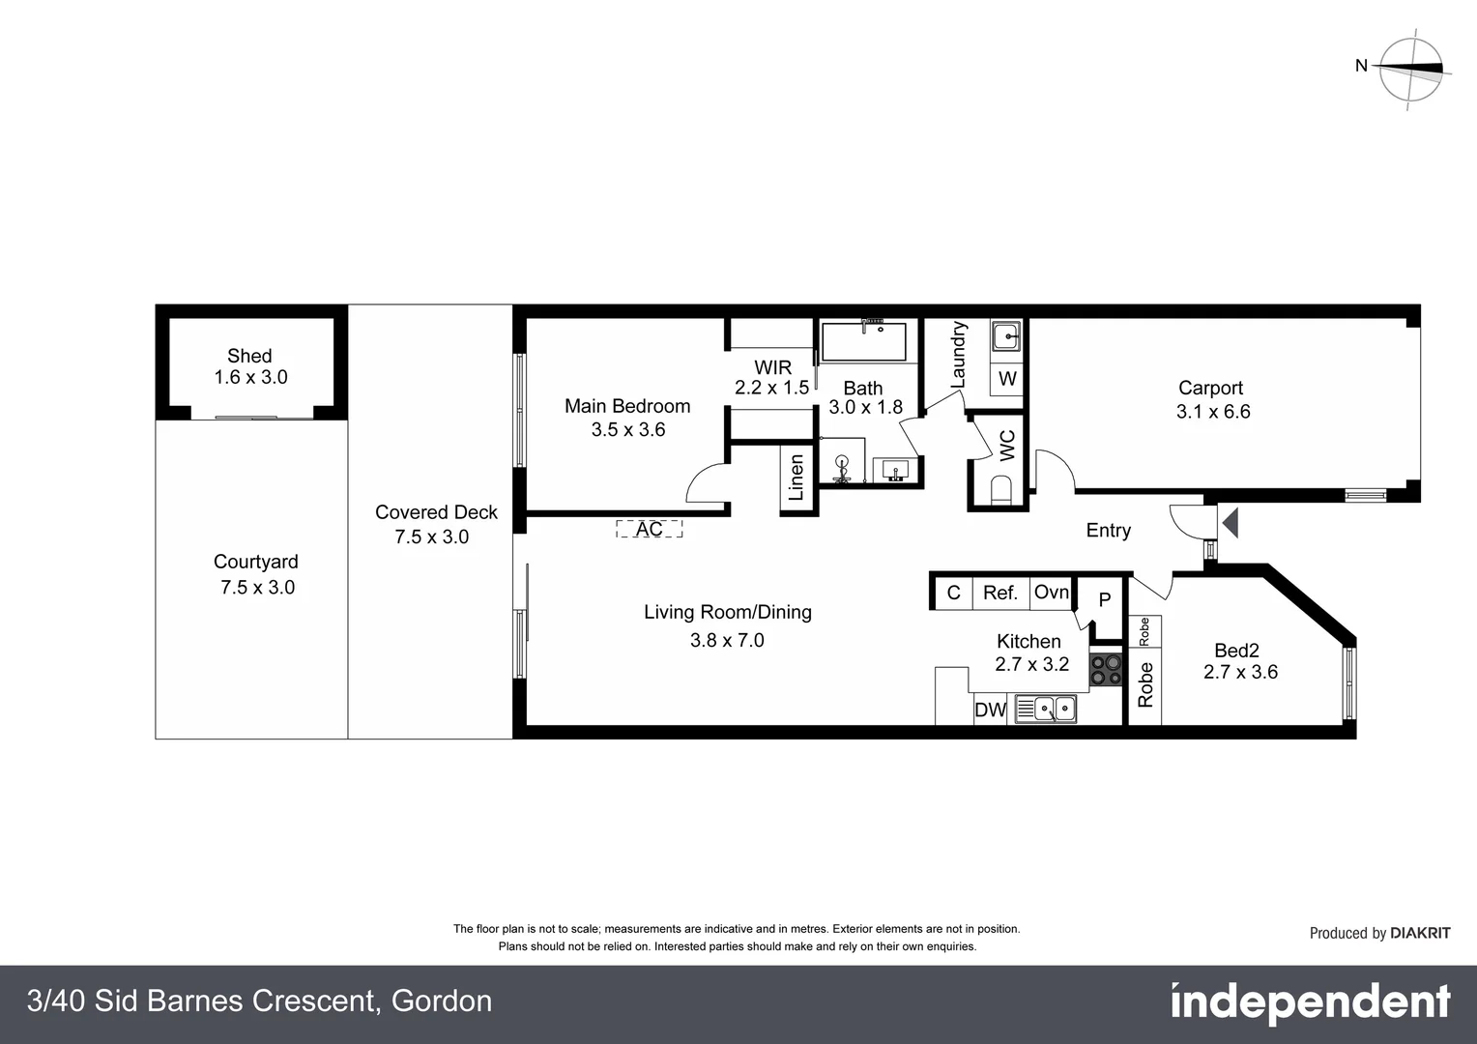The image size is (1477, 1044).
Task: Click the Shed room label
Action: [x=249, y=357]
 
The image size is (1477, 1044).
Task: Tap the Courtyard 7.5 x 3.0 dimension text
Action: [x=257, y=587]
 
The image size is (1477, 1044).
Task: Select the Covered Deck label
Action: [x=436, y=512]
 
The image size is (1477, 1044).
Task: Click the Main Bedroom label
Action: [x=627, y=406]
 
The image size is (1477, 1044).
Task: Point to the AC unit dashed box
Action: [x=650, y=529]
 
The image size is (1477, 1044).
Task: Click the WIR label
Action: [x=772, y=367]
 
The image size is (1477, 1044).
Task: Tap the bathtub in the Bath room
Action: [x=864, y=341]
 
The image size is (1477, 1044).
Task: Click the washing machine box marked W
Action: [x=1007, y=378]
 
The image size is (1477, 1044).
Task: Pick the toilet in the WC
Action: [x=1001, y=489]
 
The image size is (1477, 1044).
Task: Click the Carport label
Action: [x=1210, y=388]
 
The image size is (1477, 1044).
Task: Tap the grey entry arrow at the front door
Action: [x=1230, y=524]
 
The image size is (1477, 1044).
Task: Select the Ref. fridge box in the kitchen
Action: [x=1000, y=593]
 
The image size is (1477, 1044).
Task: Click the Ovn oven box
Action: [x=1052, y=592]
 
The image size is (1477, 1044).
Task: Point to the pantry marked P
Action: [x=1104, y=600]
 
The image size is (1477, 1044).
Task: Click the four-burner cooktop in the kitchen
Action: [x=1106, y=670]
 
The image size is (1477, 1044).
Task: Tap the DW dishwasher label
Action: [x=990, y=710]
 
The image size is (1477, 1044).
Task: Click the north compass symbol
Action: [x=1410, y=68]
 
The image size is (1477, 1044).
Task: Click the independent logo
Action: [x=1310, y=1002]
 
